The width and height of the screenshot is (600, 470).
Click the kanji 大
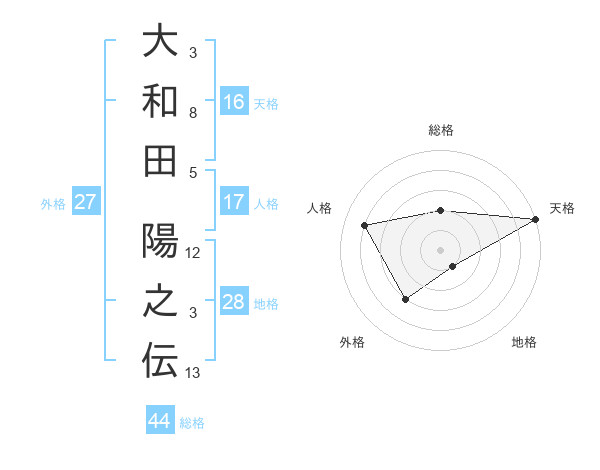pyautogui.click(x=160, y=42)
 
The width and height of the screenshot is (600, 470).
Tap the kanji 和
pyautogui.click(x=160, y=101)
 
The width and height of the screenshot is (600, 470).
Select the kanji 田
pyautogui.click(x=160, y=160)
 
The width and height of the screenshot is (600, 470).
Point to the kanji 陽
pyautogui.click(x=160, y=242)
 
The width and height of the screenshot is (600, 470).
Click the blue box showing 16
pyautogui.click(x=234, y=101)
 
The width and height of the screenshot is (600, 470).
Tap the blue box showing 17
pyautogui.click(x=234, y=202)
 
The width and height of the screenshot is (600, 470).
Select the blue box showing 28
pyautogui.click(x=234, y=303)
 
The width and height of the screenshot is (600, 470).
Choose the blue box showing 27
pyautogui.click(x=86, y=202)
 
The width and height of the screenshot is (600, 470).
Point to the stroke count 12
pyautogui.click(x=194, y=252)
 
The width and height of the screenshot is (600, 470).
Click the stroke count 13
pyautogui.click(x=194, y=373)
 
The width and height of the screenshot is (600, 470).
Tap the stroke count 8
pyautogui.click(x=193, y=112)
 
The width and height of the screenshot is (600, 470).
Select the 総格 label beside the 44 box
pyautogui.click(x=192, y=423)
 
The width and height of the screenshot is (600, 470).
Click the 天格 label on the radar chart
pyautogui.click(x=562, y=208)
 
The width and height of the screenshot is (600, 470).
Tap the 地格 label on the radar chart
pyautogui.click(x=524, y=342)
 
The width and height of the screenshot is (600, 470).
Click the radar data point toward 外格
pyautogui.click(x=405, y=298)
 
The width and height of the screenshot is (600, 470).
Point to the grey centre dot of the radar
pyautogui.click(x=440, y=249)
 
